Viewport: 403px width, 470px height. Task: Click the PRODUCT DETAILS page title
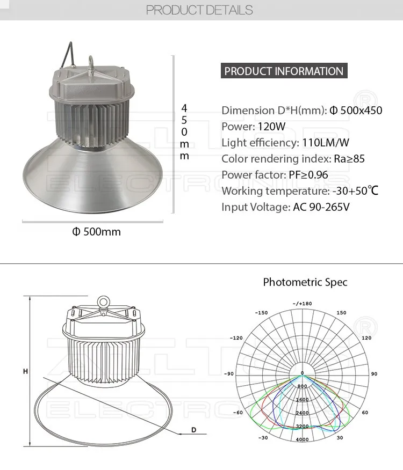199,10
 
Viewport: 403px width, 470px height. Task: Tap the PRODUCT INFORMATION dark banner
284,71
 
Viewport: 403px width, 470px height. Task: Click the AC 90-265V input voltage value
321,207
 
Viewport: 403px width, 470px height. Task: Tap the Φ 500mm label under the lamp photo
97,232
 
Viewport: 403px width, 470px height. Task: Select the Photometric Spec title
305,282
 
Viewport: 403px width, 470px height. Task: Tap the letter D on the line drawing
194,430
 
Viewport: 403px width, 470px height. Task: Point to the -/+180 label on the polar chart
302,304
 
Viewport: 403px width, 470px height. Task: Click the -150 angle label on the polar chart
261,313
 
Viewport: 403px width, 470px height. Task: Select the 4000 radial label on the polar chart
302,440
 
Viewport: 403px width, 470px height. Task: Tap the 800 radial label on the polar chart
302,386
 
